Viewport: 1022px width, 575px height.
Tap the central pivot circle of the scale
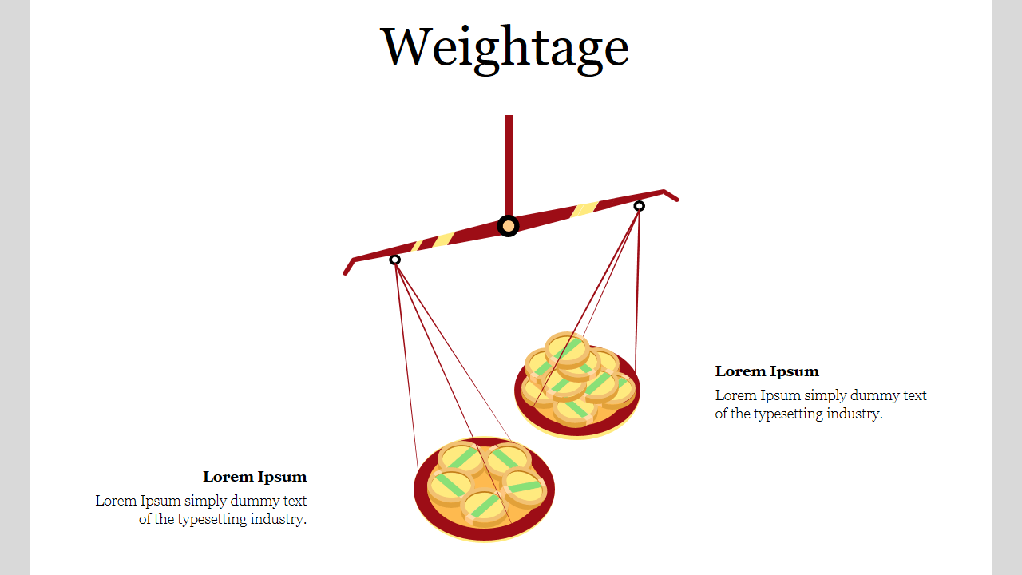(509, 226)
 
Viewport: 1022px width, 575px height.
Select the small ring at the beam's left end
(394, 260)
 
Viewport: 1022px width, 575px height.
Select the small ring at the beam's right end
(639, 206)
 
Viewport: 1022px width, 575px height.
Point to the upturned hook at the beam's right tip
(671, 196)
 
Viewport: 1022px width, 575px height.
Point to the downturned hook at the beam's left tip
(349, 267)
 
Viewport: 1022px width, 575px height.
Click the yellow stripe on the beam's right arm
(584, 208)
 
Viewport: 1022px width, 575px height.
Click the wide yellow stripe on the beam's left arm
(443, 240)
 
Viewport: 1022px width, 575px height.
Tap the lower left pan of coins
(484, 489)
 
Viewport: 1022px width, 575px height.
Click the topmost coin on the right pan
(567, 347)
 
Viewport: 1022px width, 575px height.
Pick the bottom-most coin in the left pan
(484, 506)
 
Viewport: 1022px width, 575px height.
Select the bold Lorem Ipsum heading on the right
(766, 371)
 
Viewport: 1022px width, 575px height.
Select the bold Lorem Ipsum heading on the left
(255, 477)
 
